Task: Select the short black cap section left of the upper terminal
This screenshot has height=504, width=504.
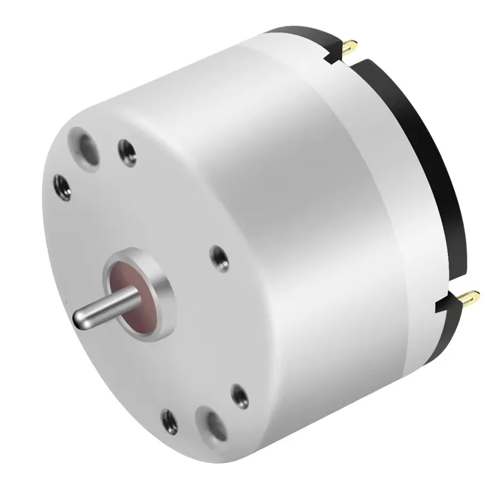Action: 302,35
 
